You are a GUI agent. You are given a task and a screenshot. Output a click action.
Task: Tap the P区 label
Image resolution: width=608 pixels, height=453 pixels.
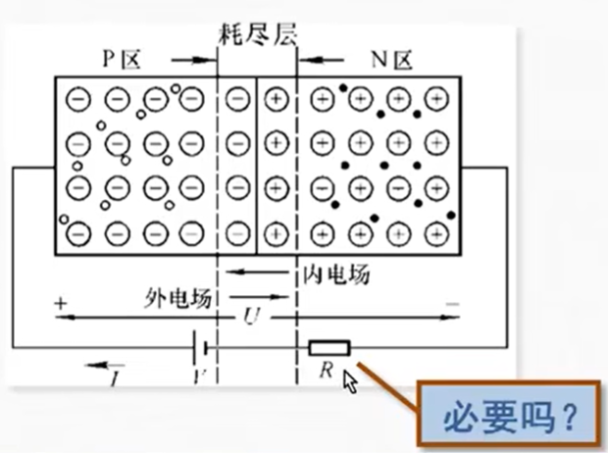123,60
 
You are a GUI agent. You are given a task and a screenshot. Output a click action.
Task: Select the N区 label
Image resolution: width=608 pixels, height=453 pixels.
390,60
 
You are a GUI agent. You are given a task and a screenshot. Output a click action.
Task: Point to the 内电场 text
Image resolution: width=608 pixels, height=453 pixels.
333,276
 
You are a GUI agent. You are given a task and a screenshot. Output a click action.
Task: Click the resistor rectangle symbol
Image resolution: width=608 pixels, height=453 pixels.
329,347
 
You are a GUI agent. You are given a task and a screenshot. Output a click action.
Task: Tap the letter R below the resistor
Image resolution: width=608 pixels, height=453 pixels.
328,370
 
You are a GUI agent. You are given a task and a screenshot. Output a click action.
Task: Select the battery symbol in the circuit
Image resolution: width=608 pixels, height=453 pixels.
202,347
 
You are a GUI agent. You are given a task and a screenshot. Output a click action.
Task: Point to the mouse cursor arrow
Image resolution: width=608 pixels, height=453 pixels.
349,380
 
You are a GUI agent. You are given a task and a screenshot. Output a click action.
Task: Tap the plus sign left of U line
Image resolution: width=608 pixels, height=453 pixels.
60,305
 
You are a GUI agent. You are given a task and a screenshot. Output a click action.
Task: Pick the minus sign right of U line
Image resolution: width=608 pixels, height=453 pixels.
452,306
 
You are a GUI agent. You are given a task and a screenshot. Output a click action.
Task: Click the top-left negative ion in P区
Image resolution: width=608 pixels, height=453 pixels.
81,99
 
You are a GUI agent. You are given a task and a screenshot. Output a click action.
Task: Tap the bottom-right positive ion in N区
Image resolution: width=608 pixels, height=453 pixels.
434,233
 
